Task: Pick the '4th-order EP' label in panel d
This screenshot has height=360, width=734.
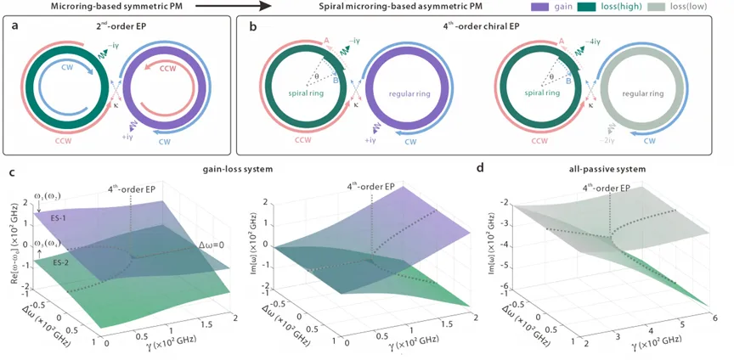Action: pyautogui.click(x=605, y=187)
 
